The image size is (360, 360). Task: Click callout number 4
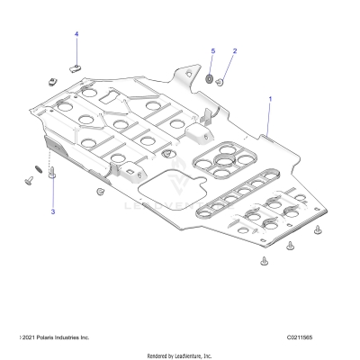click(x=76, y=34)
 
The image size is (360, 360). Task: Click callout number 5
click(x=213, y=51)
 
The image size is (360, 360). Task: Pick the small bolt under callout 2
click(x=220, y=82)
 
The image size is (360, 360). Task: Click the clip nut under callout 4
click(x=76, y=66)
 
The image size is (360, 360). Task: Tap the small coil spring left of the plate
click(x=36, y=167)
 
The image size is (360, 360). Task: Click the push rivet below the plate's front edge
click(x=97, y=192)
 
